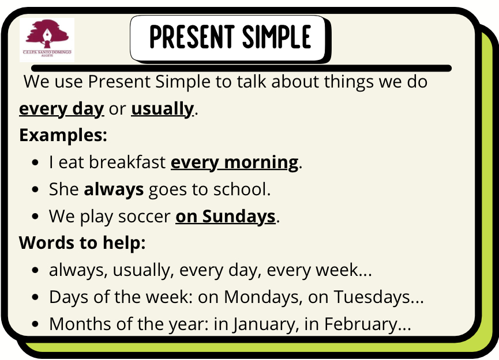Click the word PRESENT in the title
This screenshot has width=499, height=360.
click(192, 37)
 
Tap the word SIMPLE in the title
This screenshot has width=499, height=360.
click(276, 37)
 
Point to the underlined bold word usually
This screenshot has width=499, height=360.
click(162, 109)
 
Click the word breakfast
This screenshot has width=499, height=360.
click(127, 162)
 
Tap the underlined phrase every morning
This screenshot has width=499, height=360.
click(235, 162)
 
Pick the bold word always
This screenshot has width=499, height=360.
click(114, 190)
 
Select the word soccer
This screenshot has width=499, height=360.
click(144, 217)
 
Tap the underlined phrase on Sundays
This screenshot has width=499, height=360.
click(226, 217)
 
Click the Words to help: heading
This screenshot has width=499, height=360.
click(82, 243)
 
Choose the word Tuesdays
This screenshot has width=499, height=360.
click(372, 297)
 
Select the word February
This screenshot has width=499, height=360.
click(360, 325)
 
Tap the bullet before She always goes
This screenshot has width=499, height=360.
click(35, 190)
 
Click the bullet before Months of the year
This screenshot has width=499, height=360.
click(35, 324)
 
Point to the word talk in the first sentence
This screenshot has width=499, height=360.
click(251, 81)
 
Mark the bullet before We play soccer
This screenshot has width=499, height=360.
click(35, 217)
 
